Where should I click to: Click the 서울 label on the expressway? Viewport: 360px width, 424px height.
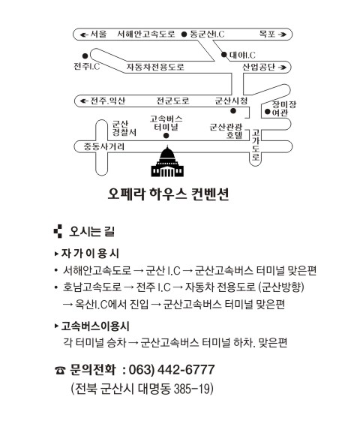pyautogui.click(x=98, y=34)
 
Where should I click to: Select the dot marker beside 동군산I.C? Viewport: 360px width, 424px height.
pyautogui.click(x=184, y=35)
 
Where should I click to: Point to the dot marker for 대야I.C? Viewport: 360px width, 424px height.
pyautogui.click(x=223, y=55)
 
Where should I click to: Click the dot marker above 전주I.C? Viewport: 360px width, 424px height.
pyautogui.click(x=85, y=56)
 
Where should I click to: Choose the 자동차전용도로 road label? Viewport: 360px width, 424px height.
pyautogui.click(x=155, y=67)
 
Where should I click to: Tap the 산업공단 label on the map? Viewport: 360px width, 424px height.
pyautogui.click(x=259, y=67)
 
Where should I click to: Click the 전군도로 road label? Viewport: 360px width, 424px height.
pyautogui.click(x=173, y=101)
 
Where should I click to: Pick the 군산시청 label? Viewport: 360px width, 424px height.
pyautogui.click(x=231, y=101)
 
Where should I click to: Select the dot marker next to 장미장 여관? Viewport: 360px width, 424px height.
pyautogui.click(x=267, y=111)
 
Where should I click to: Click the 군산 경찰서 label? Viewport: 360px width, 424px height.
pyautogui.click(x=124, y=128)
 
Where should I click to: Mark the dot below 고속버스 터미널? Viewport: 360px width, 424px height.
pyautogui.click(x=166, y=136)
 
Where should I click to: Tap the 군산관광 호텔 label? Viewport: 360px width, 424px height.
pyautogui.click(x=226, y=131)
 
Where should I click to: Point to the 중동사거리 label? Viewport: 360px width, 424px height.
pyautogui.click(x=104, y=146)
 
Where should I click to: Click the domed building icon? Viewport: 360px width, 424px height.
pyautogui.click(x=167, y=161)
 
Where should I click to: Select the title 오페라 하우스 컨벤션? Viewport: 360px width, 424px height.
pyautogui.click(x=169, y=194)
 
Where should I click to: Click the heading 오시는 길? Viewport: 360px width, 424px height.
pyautogui.click(x=92, y=231)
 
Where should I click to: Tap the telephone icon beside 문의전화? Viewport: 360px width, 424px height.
pyautogui.click(x=60, y=370)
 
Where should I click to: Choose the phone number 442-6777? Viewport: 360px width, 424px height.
pyautogui.click(x=186, y=369)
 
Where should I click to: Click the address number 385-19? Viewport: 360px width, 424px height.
pyautogui.click(x=192, y=389)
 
